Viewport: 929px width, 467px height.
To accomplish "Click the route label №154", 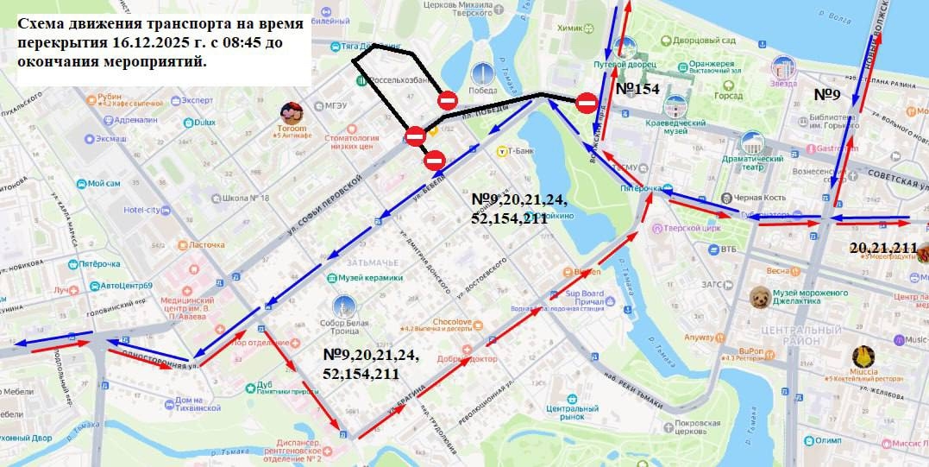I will [637, 89].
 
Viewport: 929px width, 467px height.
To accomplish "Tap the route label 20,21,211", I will [882, 248].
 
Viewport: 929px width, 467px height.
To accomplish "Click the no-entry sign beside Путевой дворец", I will [587, 104].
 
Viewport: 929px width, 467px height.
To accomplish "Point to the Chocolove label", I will [452, 322].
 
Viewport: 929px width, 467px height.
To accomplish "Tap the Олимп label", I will [826, 440].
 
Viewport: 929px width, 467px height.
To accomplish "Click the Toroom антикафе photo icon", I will [292, 113].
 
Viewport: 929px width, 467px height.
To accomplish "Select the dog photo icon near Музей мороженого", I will [760, 298].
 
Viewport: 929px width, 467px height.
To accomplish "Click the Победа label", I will [483, 90].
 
